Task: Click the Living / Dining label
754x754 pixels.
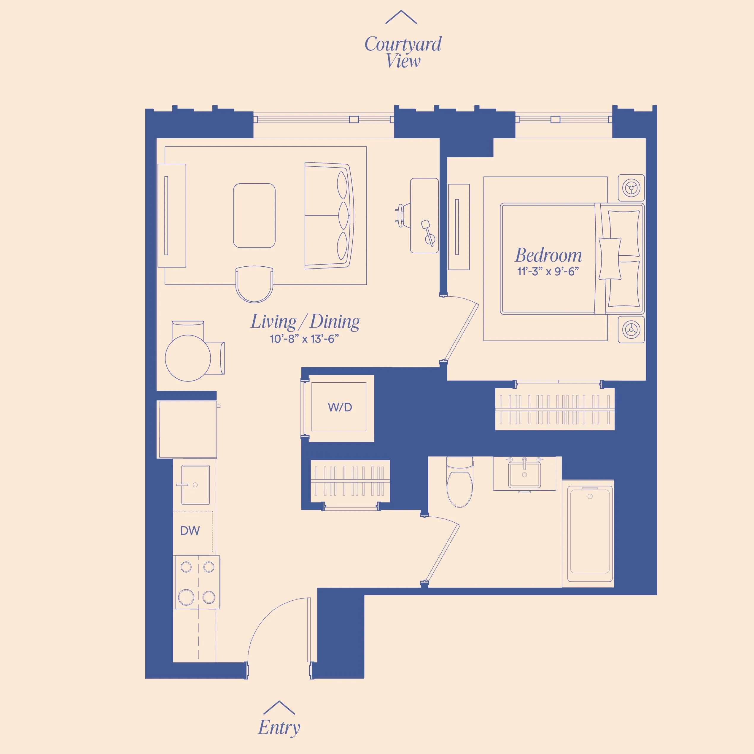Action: (x=305, y=322)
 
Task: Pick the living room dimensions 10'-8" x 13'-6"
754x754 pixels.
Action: (x=304, y=339)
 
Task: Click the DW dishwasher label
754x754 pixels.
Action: (x=190, y=531)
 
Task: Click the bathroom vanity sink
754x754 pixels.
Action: (x=524, y=475)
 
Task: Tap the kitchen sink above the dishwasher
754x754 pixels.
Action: (x=195, y=485)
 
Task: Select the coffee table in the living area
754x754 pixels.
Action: (x=254, y=215)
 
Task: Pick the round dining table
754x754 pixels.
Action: (x=188, y=358)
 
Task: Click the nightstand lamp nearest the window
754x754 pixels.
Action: (x=631, y=188)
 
